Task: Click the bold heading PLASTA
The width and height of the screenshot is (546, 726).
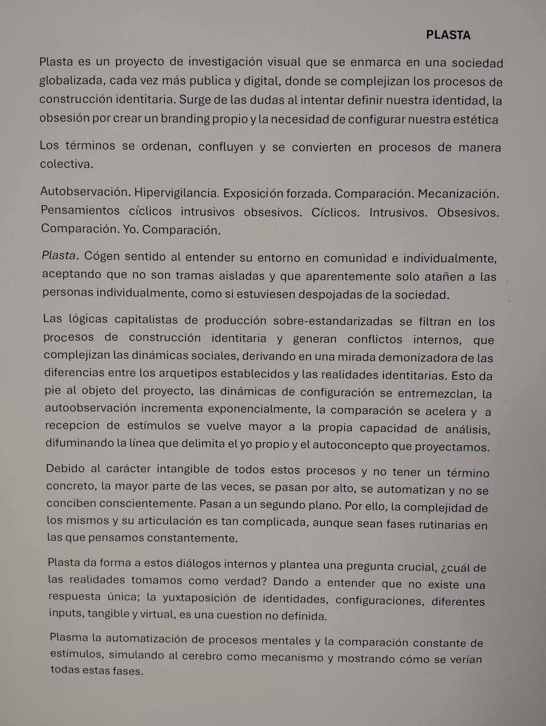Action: tap(448, 35)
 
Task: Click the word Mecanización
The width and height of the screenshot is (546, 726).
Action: tap(458, 194)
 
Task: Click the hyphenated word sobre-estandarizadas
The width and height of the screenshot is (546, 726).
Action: tap(333, 321)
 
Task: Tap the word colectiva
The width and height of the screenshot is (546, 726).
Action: tap(66, 164)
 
